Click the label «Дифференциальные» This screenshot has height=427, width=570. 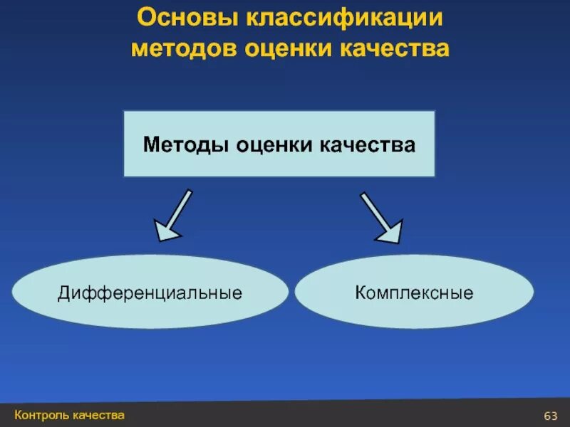[150, 292]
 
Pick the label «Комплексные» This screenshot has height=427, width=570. [414, 292]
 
